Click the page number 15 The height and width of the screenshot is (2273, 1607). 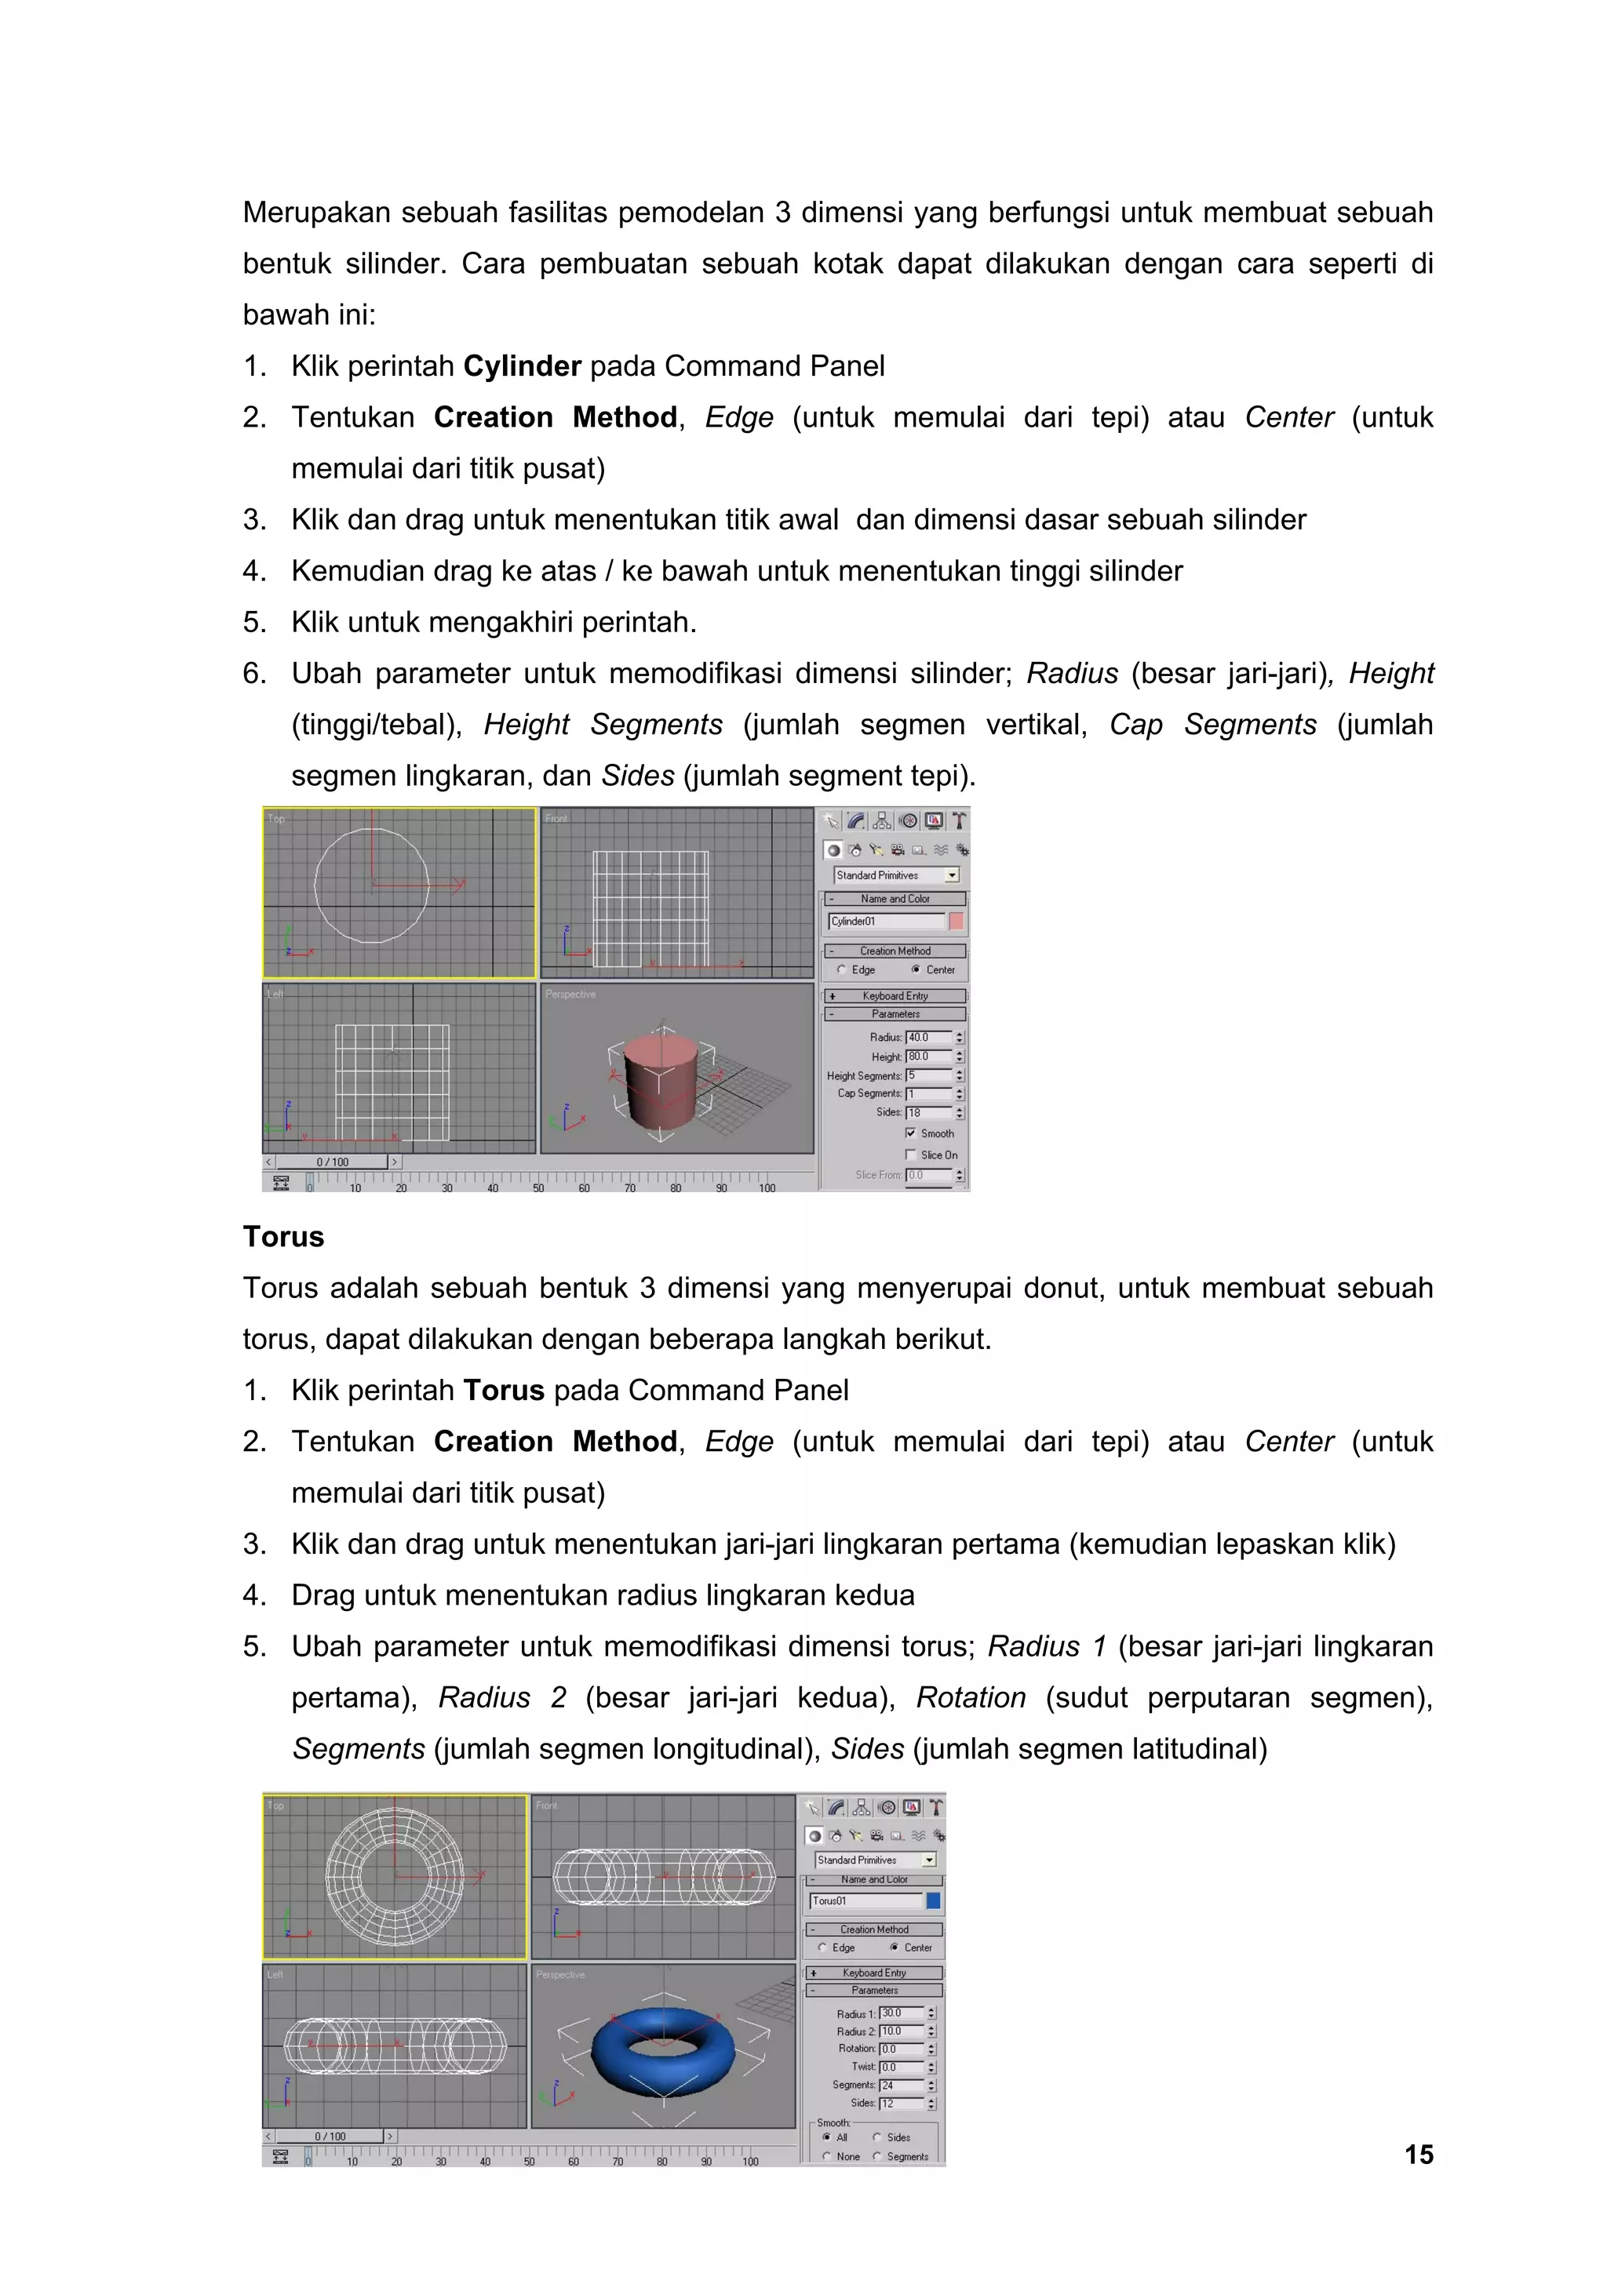click(1418, 2155)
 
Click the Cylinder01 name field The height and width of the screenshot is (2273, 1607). click(885, 921)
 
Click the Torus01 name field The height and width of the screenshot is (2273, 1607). click(865, 1900)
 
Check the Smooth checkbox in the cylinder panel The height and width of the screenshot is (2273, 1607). click(911, 1133)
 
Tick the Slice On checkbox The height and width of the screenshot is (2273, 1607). click(911, 1155)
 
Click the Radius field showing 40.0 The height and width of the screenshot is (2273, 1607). click(927, 1038)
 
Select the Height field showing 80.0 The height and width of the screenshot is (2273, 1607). click(927, 1056)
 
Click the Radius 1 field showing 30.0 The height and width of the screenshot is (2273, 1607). click(900, 2013)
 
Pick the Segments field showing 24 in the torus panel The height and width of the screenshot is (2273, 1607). click(900, 2085)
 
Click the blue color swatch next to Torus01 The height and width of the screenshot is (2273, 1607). click(933, 1900)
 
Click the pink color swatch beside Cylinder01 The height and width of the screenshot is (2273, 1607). click(956, 921)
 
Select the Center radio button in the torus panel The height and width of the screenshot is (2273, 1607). click(894, 1948)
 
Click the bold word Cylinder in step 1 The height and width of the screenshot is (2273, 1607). click(522, 366)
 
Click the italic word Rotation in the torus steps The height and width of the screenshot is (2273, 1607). click(971, 1698)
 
